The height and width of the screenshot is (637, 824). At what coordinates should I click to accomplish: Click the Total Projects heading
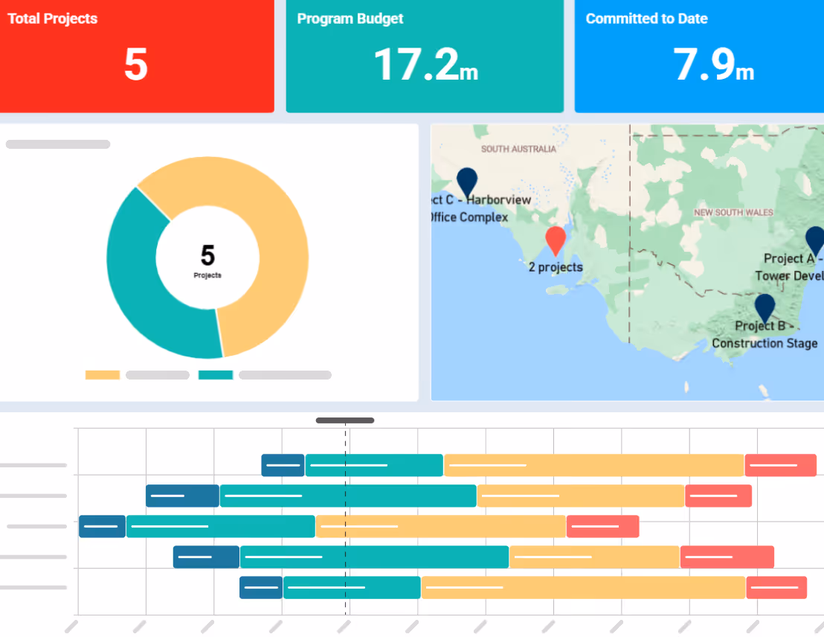[x=53, y=19]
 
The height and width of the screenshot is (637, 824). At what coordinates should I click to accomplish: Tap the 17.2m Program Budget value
[x=425, y=65]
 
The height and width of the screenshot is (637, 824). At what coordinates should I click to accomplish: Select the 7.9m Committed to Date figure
[x=713, y=65]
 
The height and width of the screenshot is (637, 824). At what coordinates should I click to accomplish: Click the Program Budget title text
[x=350, y=19]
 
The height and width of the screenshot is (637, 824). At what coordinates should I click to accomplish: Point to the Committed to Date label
[x=646, y=19]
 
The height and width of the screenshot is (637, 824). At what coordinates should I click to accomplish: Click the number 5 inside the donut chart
[x=207, y=256]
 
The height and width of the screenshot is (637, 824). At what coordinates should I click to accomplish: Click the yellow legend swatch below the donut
[x=103, y=375]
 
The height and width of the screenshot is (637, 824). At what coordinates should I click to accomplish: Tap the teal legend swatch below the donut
[x=216, y=375]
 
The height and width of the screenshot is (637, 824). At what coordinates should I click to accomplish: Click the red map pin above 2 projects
[x=556, y=240]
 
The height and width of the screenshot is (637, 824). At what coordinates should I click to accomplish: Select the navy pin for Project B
[x=765, y=307]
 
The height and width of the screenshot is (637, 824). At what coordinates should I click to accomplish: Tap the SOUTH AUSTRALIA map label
[x=518, y=149]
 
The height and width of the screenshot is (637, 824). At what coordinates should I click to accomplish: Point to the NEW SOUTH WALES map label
[x=733, y=213]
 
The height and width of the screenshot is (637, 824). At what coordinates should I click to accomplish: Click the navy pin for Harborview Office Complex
[x=467, y=181]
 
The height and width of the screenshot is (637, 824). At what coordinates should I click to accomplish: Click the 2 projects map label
[x=556, y=267]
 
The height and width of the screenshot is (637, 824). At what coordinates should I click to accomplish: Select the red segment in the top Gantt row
[x=780, y=465]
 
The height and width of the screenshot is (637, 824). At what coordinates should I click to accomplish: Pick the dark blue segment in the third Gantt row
[x=102, y=526]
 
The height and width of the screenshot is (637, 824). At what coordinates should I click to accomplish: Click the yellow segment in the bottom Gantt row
[x=583, y=587]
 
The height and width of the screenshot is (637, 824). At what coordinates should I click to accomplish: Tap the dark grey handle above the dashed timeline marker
[x=345, y=420]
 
